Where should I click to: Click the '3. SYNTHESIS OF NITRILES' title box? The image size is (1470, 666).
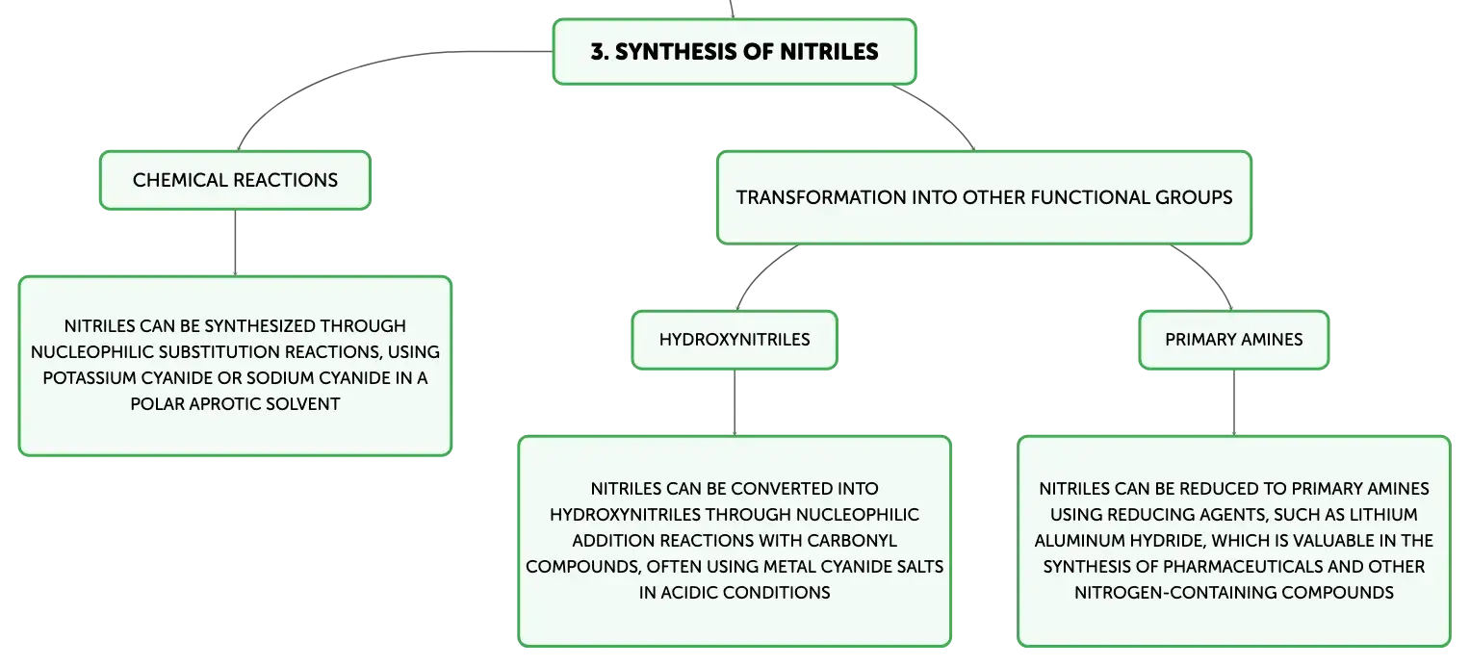tap(735, 52)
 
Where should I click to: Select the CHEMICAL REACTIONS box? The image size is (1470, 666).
tap(235, 180)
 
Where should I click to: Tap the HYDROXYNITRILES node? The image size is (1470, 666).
tap(735, 340)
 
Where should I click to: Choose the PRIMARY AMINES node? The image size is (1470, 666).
tap(1234, 340)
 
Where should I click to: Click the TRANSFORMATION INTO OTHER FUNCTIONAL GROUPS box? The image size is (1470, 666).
tap(984, 197)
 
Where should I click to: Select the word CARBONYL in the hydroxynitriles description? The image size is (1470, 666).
tap(852, 541)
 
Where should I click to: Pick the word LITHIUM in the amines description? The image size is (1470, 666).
tap(1380, 515)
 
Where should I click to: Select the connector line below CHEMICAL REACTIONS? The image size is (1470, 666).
tap(235, 243)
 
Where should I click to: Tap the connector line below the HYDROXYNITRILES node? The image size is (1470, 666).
tap(735, 402)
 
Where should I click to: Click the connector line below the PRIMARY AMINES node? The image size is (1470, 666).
tap(1234, 402)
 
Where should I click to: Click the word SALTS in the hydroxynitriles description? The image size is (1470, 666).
tap(921, 566)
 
